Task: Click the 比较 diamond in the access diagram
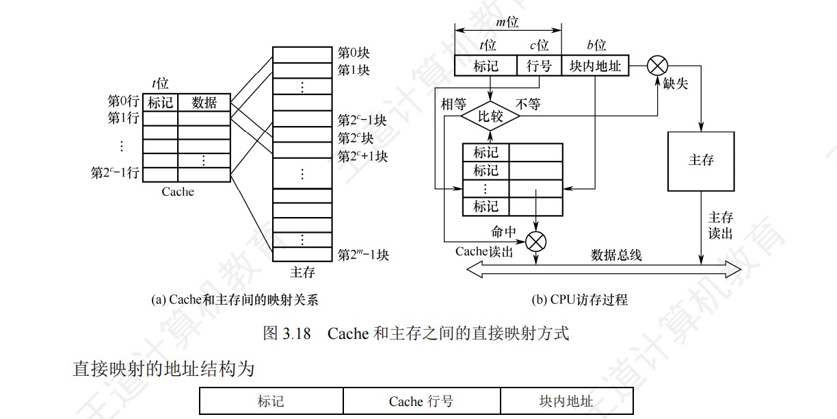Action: [x=490, y=116]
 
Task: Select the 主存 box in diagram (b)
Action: [x=701, y=161]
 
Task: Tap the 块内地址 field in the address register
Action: [x=595, y=66]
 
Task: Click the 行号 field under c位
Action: [x=539, y=66]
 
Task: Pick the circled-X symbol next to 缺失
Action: [x=657, y=66]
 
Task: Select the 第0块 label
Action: [x=354, y=52]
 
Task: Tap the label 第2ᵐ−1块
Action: [x=363, y=255]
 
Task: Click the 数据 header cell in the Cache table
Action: [x=204, y=103]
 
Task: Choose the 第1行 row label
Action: [x=124, y=118]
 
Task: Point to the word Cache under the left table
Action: [x=178, y=192]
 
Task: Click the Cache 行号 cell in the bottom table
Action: [x=421, y=401]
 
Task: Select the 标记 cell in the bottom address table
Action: [x=271, y=401]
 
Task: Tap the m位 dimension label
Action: [x=507, y=23]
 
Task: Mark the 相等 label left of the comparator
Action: [x=453, y=104]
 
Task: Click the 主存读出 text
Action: [x=720, y=225]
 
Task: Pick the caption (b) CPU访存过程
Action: [x=579, y=300]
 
